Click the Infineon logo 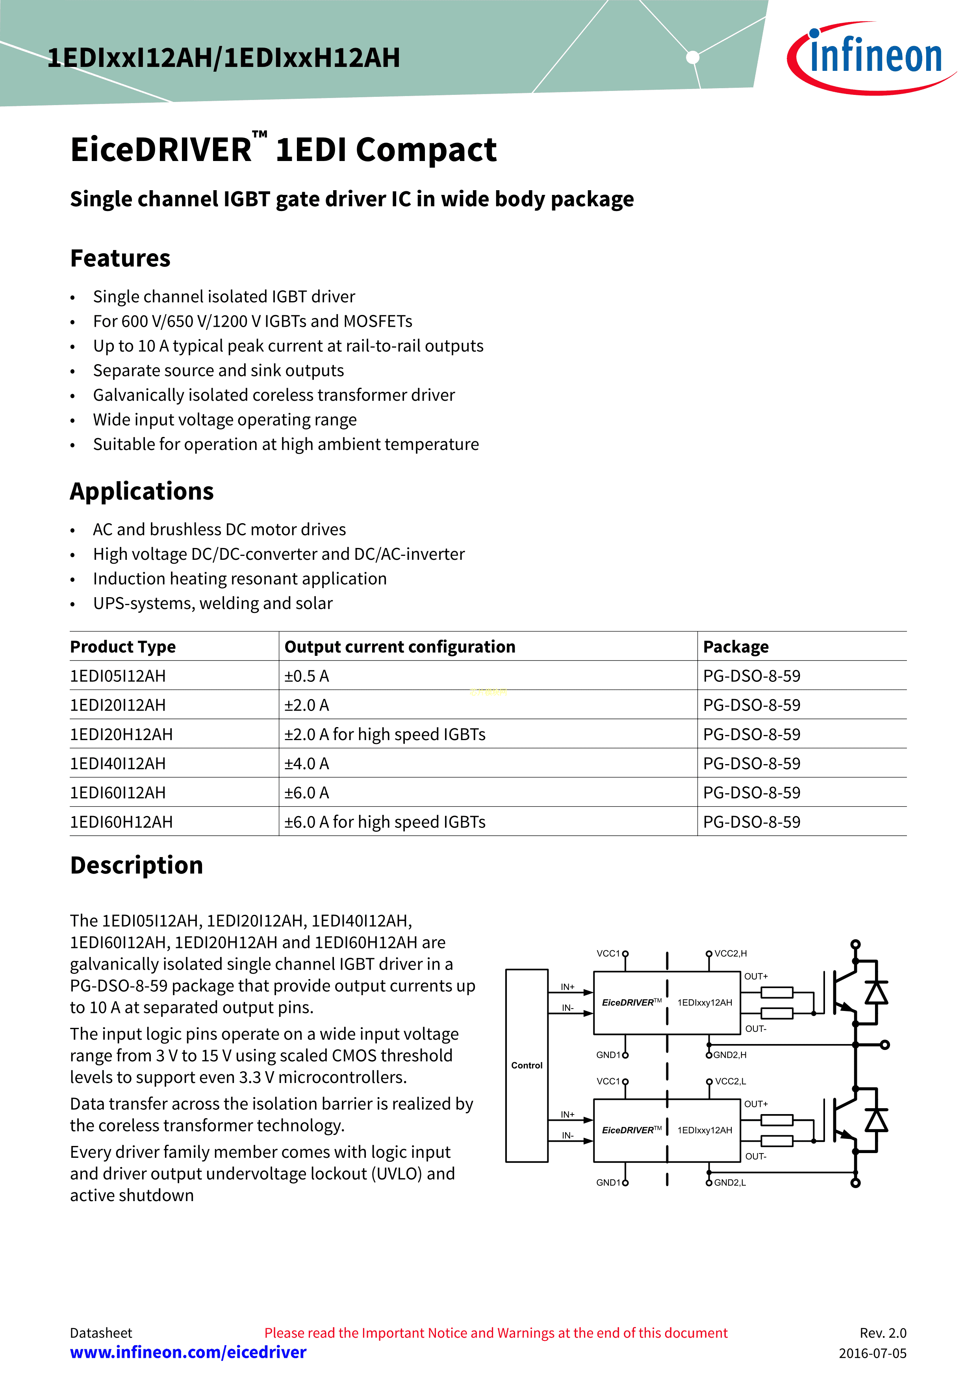872,57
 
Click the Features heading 121,259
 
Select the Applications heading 142,491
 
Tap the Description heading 137,866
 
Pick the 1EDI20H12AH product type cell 122,735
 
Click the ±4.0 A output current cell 307,764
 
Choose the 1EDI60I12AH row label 118,793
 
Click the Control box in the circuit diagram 527,1065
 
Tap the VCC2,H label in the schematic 730,953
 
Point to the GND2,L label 730,1183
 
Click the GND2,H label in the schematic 730,1055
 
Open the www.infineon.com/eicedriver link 188,1352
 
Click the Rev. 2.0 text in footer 882,1333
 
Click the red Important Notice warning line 496,1333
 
